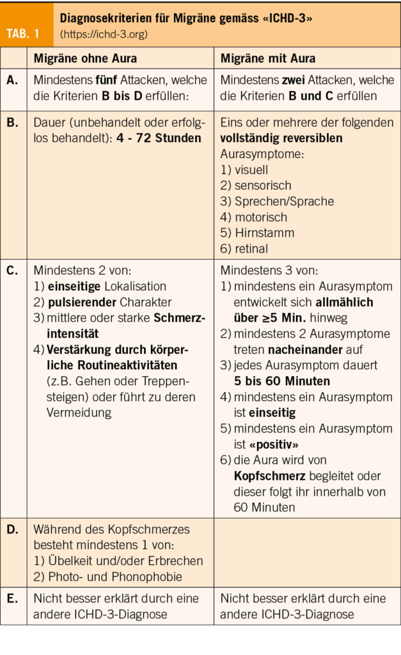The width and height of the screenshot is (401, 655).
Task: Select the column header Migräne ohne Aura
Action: pos(85,58)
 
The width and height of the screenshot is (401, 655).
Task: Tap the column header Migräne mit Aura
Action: pos(268,58)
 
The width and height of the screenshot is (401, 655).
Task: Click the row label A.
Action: pos(13,81)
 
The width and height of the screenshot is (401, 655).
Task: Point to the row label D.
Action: pos(13,530)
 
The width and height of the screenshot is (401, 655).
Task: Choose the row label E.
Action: pos(13,599)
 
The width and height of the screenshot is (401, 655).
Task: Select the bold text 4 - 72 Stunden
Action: pos(159,138)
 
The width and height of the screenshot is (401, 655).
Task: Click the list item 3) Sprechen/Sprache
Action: pos(277,201)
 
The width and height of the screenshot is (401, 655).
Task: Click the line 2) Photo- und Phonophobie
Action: pos(107,576)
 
